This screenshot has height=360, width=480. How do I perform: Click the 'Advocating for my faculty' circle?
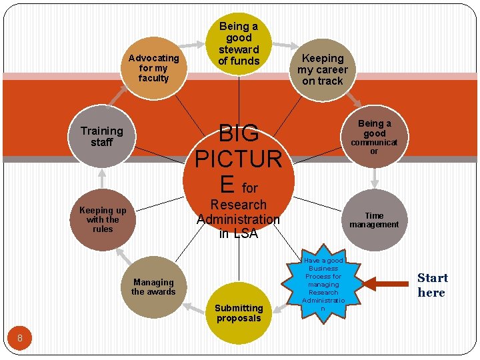point(153,68)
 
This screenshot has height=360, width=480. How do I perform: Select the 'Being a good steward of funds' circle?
point(239,43)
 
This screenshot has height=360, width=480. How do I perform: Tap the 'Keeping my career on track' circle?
point(323,69)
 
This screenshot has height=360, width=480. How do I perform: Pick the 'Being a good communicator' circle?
point(374,137)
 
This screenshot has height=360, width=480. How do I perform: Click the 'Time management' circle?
point(374,220)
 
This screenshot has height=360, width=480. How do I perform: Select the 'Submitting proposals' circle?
point(239,313)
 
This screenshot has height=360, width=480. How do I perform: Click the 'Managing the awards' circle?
point(153,287)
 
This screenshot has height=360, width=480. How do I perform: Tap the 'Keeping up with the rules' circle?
point(103,219)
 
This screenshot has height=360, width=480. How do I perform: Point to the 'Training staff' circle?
point(102,137)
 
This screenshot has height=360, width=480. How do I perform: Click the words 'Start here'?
point(432,285)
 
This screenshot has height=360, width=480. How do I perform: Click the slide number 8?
point(20,338)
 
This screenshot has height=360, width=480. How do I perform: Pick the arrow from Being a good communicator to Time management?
point(375,177)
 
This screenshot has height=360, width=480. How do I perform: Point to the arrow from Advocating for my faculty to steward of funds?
point(196,44)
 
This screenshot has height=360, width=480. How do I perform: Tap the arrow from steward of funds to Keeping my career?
point(285,45)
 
